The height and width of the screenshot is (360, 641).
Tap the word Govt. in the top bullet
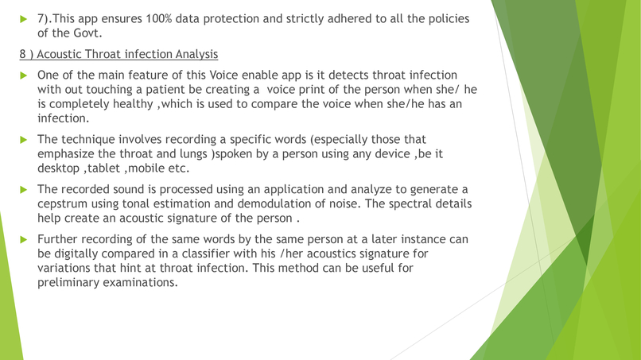coord(86,33)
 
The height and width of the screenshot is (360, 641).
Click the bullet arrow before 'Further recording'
coord(24,238)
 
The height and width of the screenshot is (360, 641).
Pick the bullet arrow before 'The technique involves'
coord(24,139)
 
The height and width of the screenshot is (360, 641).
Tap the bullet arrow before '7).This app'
coord(24,18)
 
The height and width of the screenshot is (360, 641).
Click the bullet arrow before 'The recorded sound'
coord(24,189)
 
